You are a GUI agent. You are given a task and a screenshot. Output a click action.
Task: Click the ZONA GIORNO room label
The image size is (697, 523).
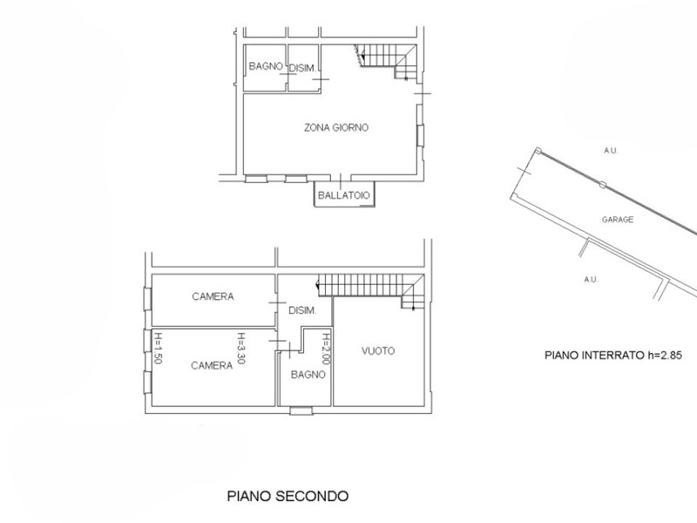336,127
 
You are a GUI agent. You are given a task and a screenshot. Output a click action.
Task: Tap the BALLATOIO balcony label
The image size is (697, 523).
343,195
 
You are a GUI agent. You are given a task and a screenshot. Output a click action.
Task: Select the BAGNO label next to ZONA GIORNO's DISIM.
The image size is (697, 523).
266,66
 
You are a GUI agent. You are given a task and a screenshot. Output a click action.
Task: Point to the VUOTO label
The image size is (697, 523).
378,351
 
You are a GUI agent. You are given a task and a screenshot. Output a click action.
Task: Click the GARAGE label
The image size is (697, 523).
618,220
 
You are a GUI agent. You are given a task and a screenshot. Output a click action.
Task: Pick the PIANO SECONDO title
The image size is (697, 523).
288,496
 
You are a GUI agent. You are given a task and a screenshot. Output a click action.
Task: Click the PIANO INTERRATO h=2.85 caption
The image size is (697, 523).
613,355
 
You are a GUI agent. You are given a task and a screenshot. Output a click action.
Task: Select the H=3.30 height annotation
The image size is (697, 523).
240,348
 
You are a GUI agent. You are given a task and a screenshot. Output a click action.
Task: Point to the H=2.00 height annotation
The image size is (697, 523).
326,350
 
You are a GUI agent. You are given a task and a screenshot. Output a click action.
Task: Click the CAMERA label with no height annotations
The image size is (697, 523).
213,296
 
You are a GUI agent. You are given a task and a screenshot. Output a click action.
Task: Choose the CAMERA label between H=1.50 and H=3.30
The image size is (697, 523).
212,365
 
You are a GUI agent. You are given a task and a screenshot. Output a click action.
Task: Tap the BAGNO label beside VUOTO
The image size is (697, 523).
308,375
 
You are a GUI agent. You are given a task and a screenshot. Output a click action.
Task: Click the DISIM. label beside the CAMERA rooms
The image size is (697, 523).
302,310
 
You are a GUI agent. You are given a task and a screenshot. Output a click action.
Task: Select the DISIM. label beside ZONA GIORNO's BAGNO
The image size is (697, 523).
302,69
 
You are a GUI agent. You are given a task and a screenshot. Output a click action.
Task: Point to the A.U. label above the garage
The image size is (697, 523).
611,151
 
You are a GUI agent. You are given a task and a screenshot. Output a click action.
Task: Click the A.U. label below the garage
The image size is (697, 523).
591,279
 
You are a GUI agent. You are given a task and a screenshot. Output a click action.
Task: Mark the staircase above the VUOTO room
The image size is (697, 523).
370,291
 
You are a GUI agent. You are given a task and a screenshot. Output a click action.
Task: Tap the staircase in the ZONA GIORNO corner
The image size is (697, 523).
386,62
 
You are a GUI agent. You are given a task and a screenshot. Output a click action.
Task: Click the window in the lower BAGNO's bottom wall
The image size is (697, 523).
301,411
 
